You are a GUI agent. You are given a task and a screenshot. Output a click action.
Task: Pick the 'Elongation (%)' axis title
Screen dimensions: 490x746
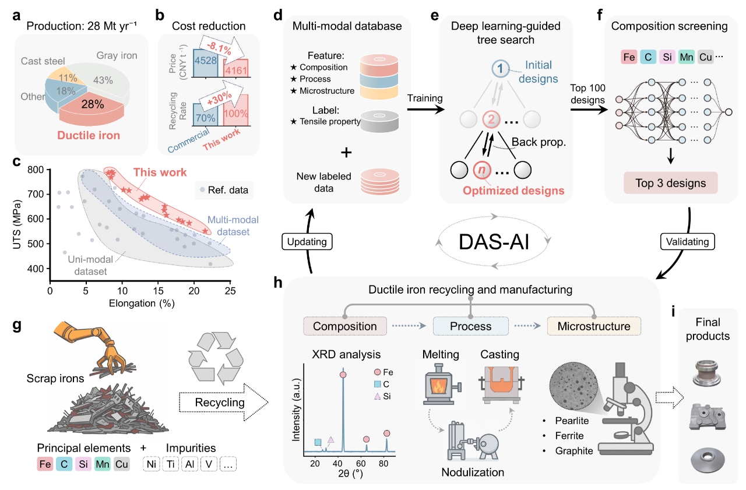click(x=141, y=303)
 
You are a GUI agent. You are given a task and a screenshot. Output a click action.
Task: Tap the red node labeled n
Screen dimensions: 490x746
click(x=481, y=170)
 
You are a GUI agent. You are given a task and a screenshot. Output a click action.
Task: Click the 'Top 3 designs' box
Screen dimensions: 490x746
click(x=670, y=184)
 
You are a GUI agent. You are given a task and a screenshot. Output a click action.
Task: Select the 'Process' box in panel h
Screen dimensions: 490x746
click(x=470, y=326)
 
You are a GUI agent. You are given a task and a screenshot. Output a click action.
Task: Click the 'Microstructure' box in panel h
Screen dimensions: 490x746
click(x=593, y=326)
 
